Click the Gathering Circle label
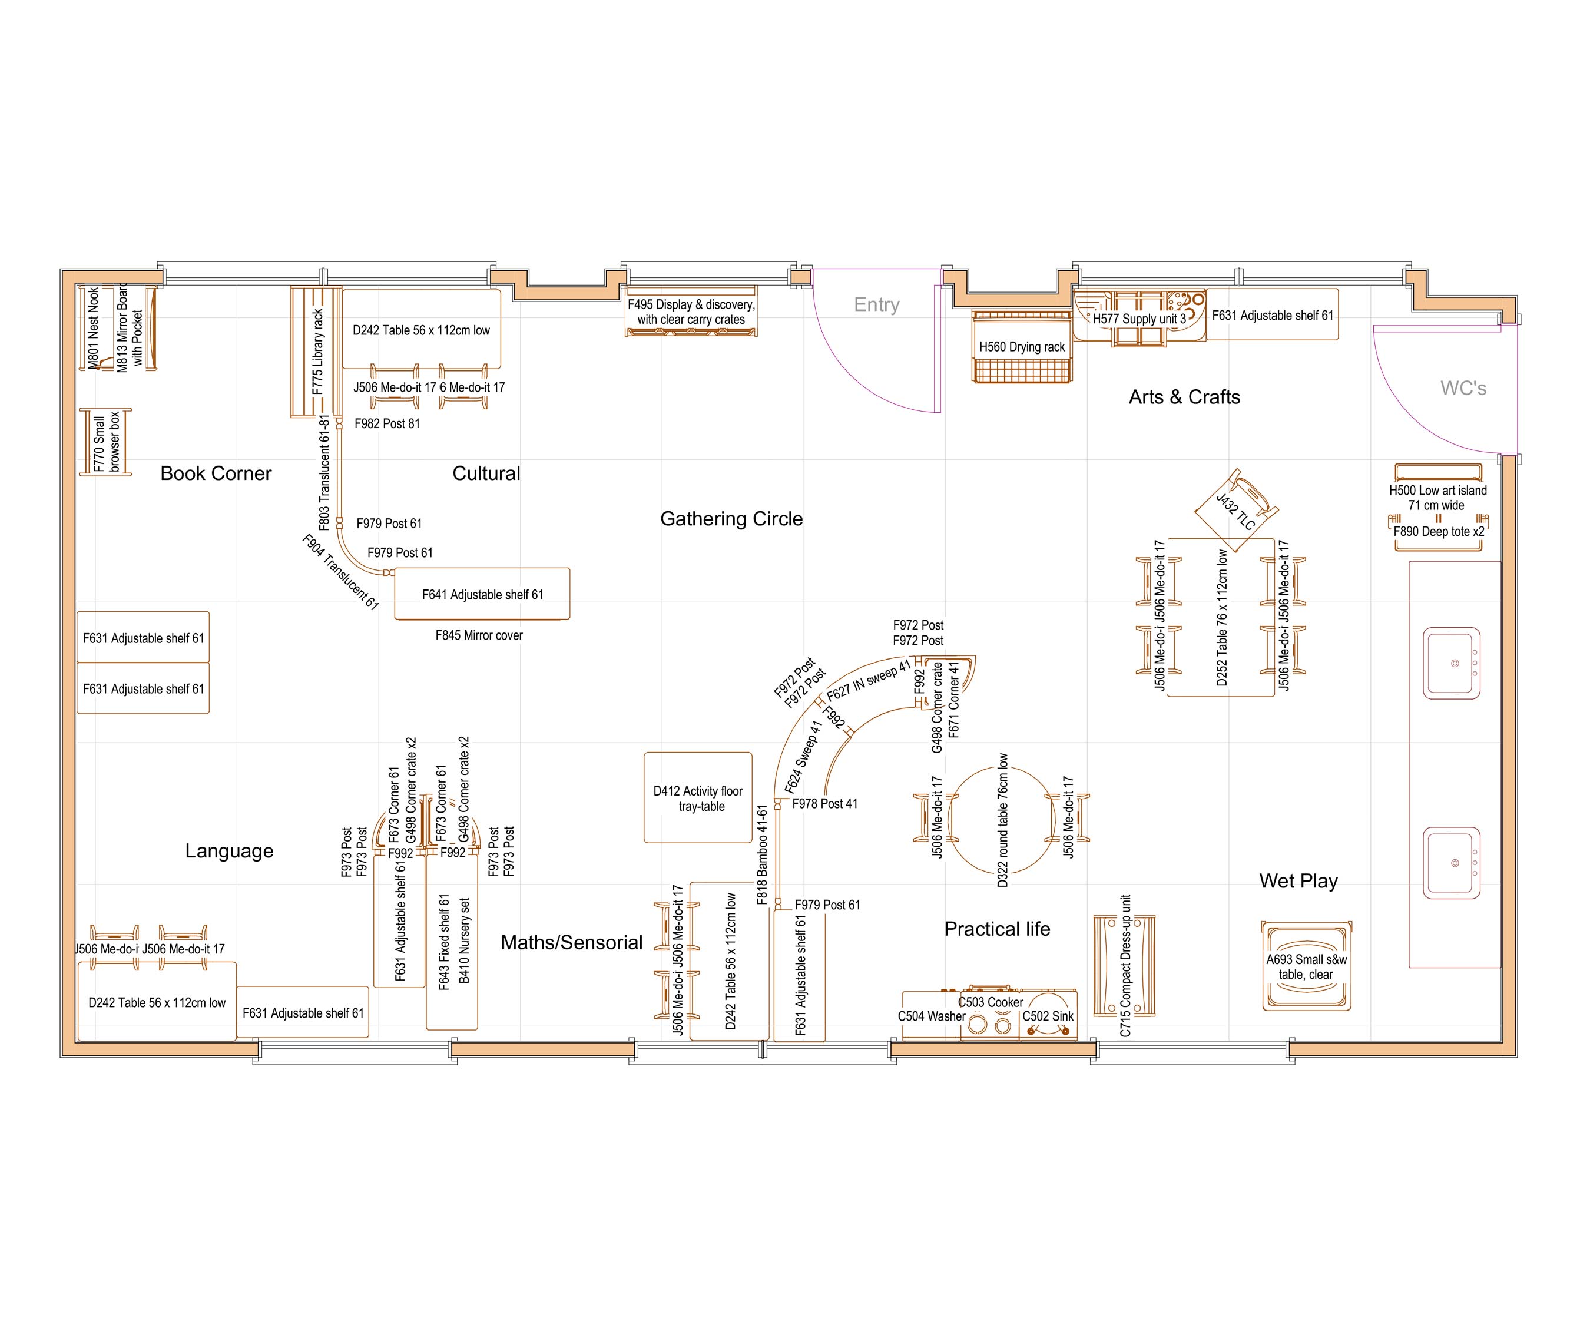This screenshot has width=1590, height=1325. point(731,519)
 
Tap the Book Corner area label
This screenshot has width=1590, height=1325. point(216,473)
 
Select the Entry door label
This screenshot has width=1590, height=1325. point(876,304)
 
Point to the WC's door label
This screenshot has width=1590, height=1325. point(1463,389)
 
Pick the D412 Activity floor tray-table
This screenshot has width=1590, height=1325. point(697,797)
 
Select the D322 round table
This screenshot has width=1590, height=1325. point(1001,820)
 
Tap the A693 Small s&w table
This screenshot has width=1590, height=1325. point(1306,967)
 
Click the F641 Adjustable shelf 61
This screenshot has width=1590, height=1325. point(482,594)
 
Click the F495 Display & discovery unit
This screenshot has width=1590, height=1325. point(691,311)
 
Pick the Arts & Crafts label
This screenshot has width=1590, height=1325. point(1184,397)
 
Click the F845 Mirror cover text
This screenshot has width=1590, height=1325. point(479,635)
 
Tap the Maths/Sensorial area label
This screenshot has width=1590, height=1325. point(572,942)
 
